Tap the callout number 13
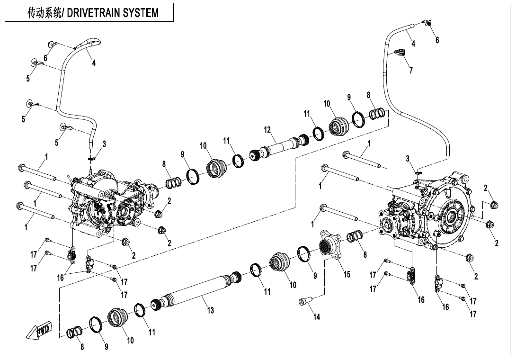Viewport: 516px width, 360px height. click(x=210, y=310)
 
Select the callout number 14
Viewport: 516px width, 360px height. click(x=317, y=317)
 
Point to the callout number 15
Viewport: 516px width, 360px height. click(x=347, y=275)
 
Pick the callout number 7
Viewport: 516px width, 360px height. click(x=410, y=71)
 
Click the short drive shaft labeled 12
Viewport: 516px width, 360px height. click(x=279, y=145)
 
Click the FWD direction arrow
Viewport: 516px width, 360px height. click(x=39, y=332)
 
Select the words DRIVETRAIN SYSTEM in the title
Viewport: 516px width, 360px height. click(x=113, y=13)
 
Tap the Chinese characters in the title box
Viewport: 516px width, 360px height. click(x=44, y=13)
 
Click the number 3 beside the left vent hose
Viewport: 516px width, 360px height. click(x=104, y=144)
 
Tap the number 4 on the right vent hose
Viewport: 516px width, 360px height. click(x=413, y=44)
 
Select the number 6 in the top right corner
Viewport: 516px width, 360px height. click(x=437, y=40)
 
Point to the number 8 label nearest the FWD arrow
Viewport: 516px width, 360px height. click(x=82, y=347)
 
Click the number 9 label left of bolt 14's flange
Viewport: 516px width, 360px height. click(x=314, y=275)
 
